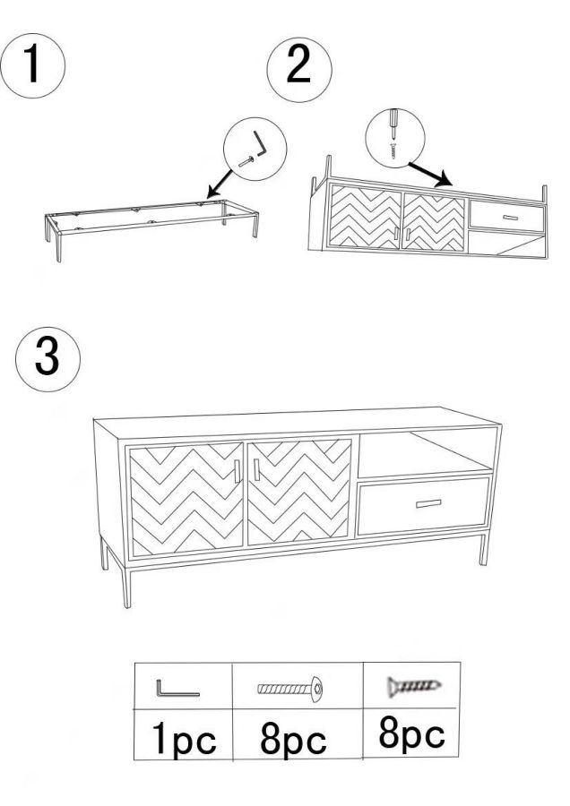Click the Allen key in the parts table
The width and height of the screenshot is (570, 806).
point(177,689)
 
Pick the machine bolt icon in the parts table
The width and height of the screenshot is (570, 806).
point(290,688)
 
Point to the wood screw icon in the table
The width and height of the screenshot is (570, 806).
point(414,686)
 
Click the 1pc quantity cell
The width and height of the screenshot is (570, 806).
point(183,734)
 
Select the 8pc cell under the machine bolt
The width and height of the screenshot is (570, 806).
point(298,734)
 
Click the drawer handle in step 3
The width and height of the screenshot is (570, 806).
point(428,503)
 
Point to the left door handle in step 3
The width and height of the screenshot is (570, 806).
point(237,471)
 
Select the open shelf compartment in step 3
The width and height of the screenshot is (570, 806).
point(425,453)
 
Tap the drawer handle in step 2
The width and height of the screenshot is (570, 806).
point(510,218)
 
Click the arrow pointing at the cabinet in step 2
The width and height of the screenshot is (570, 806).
point(430,175)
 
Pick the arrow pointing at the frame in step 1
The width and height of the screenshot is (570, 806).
point(220,184)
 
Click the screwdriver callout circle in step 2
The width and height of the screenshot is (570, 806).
point(395,138)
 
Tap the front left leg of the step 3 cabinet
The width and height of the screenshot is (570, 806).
point(125,587)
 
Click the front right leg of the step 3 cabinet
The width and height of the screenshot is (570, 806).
point(484,550)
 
